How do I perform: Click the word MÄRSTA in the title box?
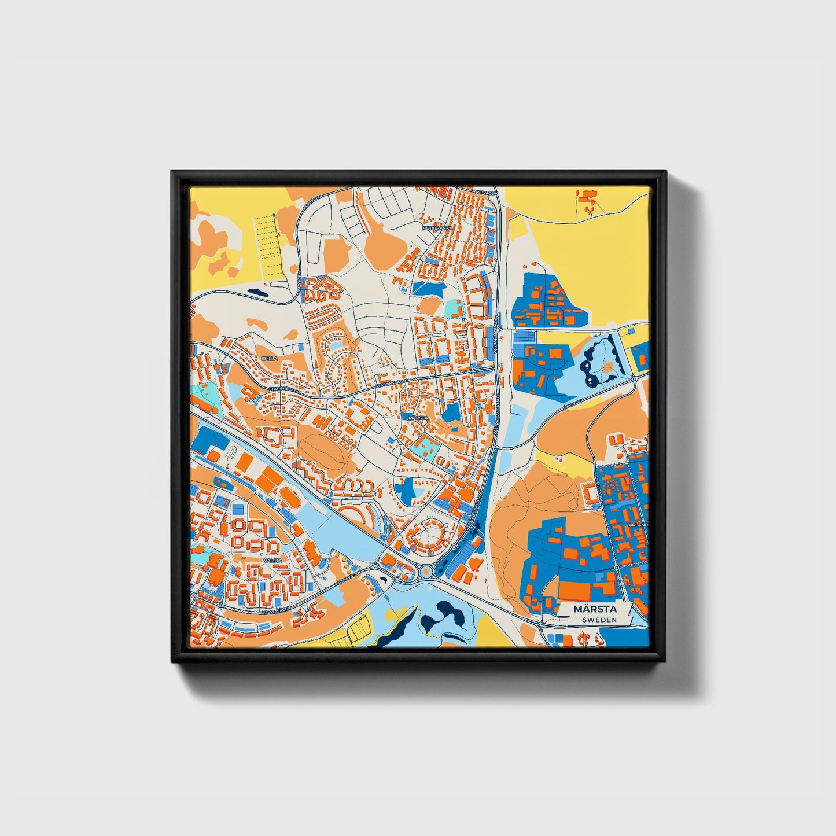click(595, 609)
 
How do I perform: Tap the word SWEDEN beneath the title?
click(599, 620)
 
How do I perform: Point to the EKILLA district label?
click(270, 359)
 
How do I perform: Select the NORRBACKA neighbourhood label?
click(437, 229)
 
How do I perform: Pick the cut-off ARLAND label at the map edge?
click(640, 525)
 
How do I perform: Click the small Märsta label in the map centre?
click(418, 417)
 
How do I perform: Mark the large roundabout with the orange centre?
click(427, 572)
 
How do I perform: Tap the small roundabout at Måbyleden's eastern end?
click(635, 379)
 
